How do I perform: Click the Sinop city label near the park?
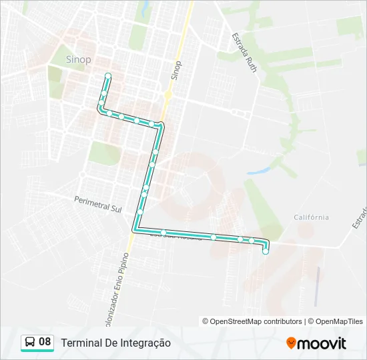click(79, 59)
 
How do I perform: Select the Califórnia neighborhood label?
click(311, 217)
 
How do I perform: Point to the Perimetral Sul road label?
click(98, 203)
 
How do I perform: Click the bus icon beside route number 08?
click(31, 342)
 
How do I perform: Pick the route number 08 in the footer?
click(45, 342)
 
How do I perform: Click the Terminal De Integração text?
click(115, 343)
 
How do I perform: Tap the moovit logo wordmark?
click(322, 343)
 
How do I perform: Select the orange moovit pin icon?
click(291, 343)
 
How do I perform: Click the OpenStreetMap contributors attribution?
click(256, 321)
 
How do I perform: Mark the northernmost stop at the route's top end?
click(107, 75)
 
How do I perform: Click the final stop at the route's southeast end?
click(266, 251)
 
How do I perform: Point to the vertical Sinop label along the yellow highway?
click(176, 71)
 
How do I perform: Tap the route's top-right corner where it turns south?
click(161, 125)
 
